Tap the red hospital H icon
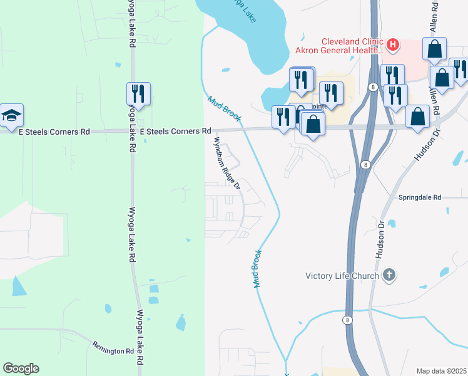[393, 44]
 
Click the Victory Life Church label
[342, 276]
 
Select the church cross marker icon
[389, 275]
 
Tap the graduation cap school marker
[11, 115]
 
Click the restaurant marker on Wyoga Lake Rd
[138, 94]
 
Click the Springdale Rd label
[420, 197]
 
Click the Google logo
[21, 368]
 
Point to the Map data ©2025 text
[441, 371]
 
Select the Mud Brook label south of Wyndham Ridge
[257, 269]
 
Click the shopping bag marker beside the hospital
[434, 49]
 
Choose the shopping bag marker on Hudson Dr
[417, 117]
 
